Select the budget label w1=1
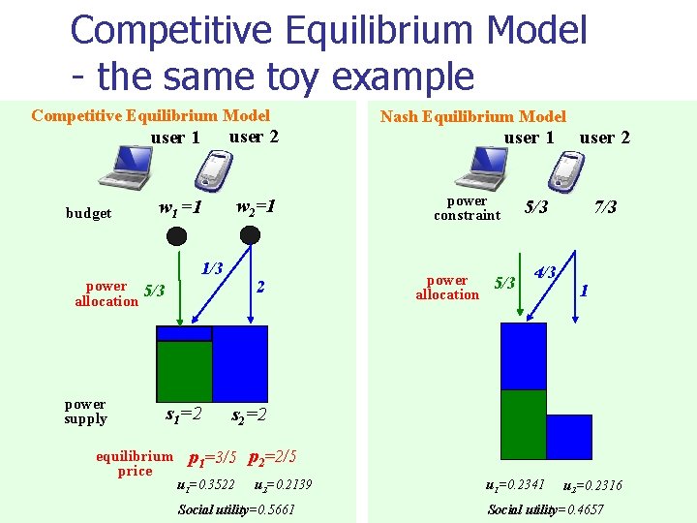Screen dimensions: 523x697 180,207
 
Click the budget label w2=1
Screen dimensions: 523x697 257,206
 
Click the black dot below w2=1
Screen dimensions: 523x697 250,235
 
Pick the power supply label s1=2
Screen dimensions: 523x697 183,415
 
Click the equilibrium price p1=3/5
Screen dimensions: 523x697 211,457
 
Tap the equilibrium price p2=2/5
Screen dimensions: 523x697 272,456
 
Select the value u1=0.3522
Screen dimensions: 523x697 207,484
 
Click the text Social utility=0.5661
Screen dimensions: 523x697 236,509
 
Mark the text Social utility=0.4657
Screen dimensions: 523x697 545,509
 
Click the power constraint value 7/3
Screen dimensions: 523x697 606,207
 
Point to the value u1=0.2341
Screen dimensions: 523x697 515,484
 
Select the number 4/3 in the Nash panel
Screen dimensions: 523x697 545,272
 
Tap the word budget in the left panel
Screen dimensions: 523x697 88,213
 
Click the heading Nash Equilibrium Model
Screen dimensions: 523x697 472,116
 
